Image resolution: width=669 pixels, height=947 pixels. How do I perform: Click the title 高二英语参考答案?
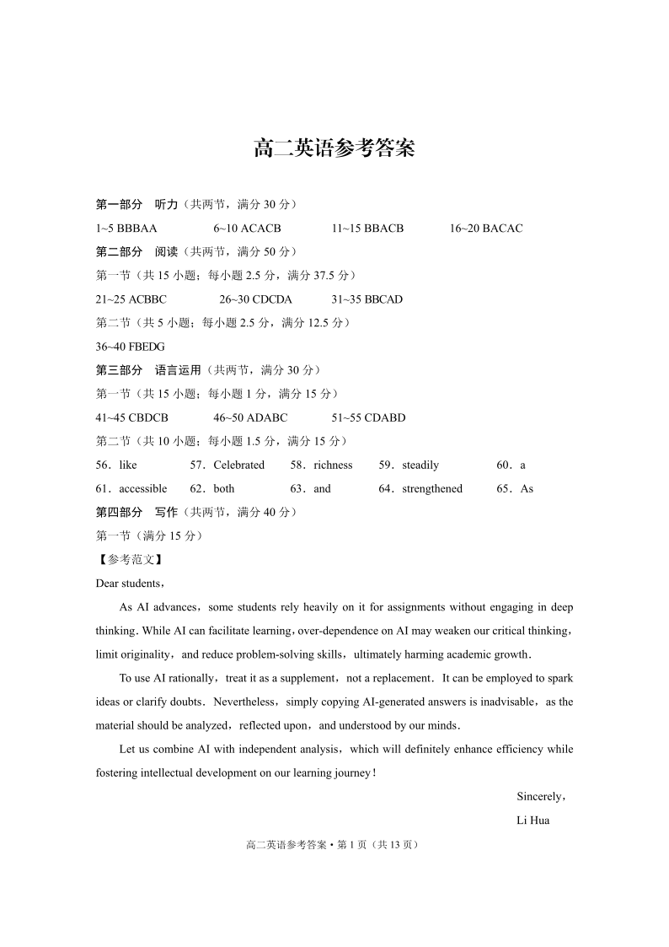334,149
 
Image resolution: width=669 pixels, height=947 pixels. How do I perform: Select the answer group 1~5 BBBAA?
126,229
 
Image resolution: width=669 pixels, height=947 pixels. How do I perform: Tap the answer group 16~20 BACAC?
486,229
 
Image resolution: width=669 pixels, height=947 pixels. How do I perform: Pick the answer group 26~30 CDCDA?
255,299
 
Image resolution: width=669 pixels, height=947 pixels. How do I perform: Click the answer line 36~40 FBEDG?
131,347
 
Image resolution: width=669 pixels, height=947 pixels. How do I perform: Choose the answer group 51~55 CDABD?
368,417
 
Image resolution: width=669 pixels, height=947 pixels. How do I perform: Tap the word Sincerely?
539,796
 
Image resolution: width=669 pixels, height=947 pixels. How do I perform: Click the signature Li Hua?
533,820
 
